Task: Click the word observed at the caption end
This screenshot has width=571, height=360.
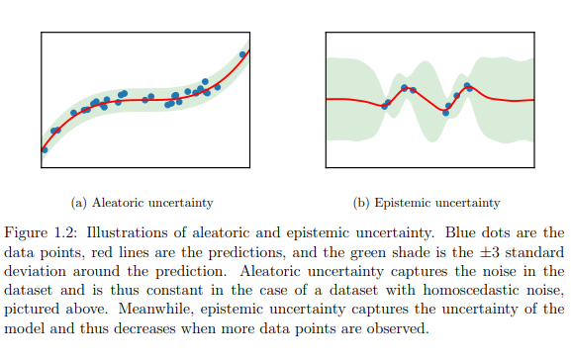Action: [x=400, y=322]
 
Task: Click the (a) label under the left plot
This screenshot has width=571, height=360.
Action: [x=80, y=203]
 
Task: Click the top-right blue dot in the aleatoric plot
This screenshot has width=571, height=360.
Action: [x=243, y=54]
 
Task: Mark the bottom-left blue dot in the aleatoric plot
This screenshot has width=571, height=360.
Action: [x=45, y=149]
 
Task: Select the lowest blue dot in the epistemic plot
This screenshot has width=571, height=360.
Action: [x=446, y=113]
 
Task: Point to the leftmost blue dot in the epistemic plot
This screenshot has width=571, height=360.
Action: [x=386, y=106]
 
